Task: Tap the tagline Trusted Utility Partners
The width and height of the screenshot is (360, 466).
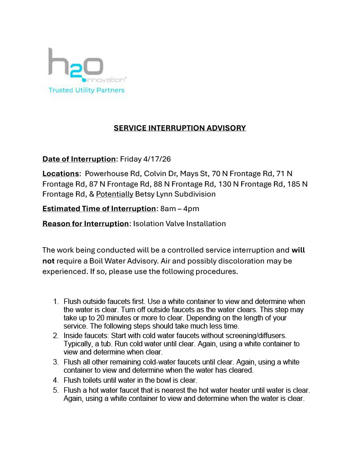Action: tap(86, 90)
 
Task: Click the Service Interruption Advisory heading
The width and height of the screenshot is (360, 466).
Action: tap(180, 128)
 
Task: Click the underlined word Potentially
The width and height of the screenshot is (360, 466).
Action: tap(115, 194)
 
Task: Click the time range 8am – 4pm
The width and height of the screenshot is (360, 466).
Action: tap(180, 209)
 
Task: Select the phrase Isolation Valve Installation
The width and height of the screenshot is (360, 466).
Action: tap(179, 223)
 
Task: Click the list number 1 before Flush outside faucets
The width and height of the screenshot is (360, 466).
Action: tap(56, 302)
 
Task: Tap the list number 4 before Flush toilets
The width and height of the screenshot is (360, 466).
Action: tap(56, 380)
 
